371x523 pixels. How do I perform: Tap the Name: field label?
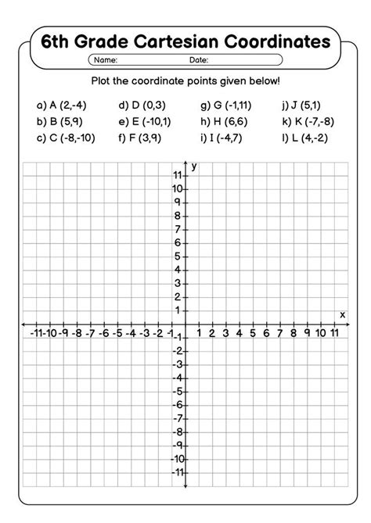106,59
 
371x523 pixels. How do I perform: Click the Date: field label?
198,59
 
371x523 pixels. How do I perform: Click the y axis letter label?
193,167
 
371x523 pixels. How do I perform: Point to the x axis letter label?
343,314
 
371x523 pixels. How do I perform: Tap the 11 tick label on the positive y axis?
178,177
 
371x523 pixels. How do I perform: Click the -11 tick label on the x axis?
36,334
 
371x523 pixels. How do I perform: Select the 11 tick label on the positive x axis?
334,334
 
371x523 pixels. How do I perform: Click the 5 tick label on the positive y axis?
179,257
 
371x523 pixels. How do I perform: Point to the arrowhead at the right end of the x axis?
347,324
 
